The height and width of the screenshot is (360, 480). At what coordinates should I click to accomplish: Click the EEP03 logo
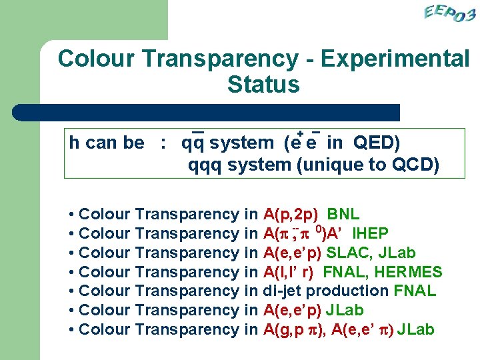449,14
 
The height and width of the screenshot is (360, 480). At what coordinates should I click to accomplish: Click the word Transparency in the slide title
220,59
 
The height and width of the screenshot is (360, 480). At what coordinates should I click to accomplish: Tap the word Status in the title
263,85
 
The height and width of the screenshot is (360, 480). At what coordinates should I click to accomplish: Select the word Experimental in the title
396,59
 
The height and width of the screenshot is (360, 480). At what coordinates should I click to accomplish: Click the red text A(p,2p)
291,215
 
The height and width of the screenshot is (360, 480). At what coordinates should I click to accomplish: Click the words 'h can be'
107,143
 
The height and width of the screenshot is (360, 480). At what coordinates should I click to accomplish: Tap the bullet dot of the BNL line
71,215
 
